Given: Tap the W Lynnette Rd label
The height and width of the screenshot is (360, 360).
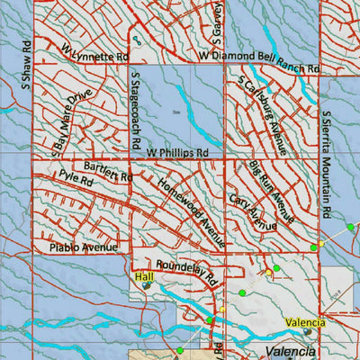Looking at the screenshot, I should (x=94, y=53).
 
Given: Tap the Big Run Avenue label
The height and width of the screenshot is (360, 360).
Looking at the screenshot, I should (x=273, y=192).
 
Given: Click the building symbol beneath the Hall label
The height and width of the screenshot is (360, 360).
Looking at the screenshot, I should (x=146, y=288).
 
